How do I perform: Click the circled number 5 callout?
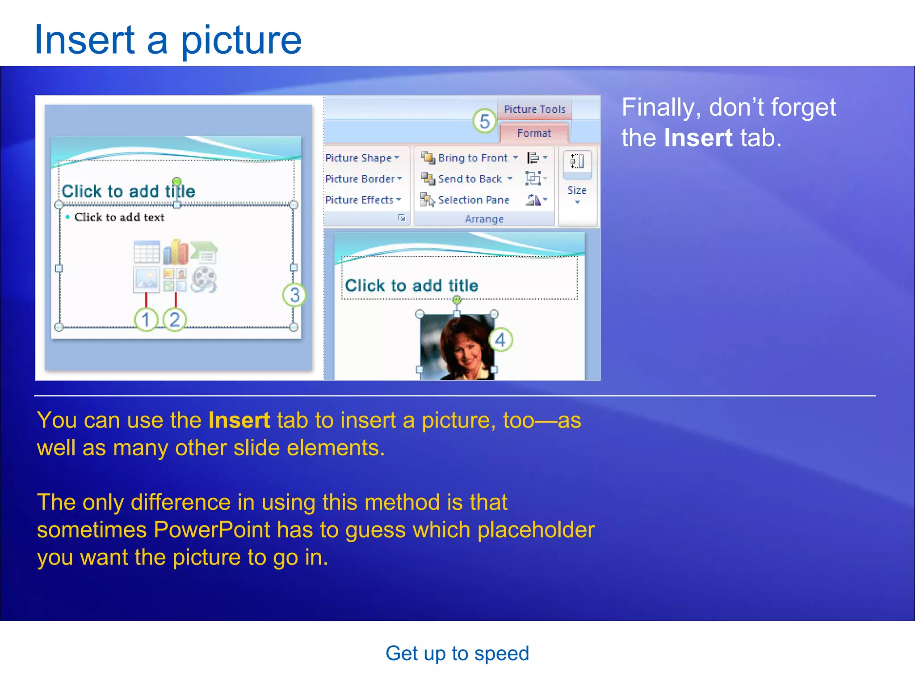click(484, 121)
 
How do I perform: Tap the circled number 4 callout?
click(500, 340)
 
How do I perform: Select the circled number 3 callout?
click(294, 295)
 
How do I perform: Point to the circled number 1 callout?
click(146, 319)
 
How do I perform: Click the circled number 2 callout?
click(175, 319)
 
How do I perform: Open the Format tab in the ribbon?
click(534, 133)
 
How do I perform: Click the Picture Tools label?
click(534, 109)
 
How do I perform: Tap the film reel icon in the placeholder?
click(204, 280)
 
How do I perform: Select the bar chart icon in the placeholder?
click(175, 252)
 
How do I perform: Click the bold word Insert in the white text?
click(698, 138)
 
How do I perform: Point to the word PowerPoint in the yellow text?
click(212, 530)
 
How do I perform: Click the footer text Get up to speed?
click(457, 653)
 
